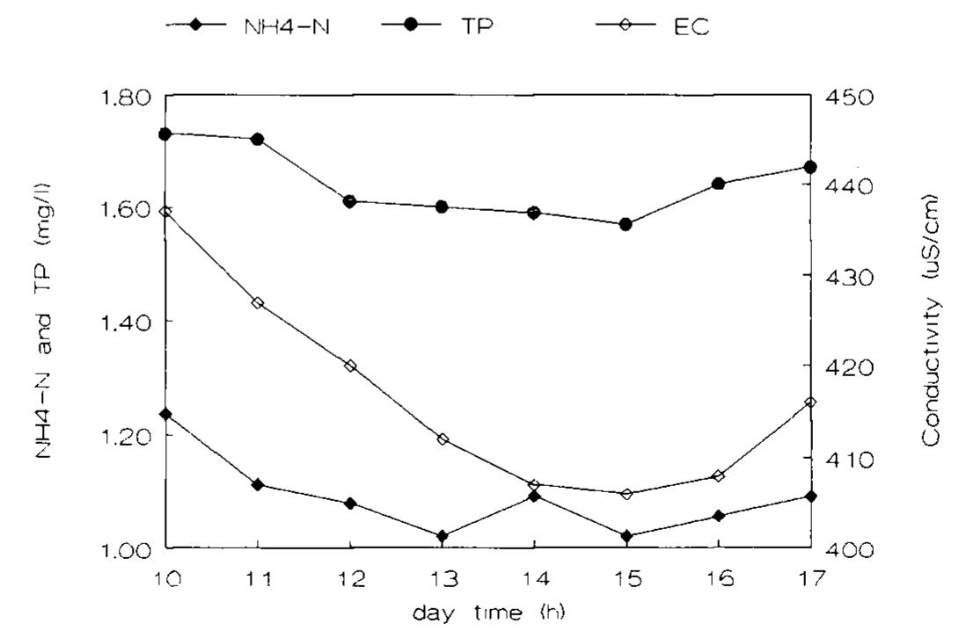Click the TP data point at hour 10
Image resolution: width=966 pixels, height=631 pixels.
(165, 134)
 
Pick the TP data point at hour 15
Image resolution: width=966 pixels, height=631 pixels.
(626, 224)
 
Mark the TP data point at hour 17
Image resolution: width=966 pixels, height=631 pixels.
(810, 167)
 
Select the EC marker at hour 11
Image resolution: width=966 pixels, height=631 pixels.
(258, 303)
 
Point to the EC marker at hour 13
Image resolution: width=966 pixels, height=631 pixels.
(443, 439)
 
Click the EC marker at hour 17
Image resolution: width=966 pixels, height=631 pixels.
(810, 402)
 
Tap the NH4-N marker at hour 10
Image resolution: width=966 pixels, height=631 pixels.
(165, 414)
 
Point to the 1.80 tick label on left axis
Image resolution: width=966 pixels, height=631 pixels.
(123, 97)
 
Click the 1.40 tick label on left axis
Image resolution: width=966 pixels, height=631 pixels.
(123, 323)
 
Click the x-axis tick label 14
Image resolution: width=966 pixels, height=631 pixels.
(534, 579)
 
